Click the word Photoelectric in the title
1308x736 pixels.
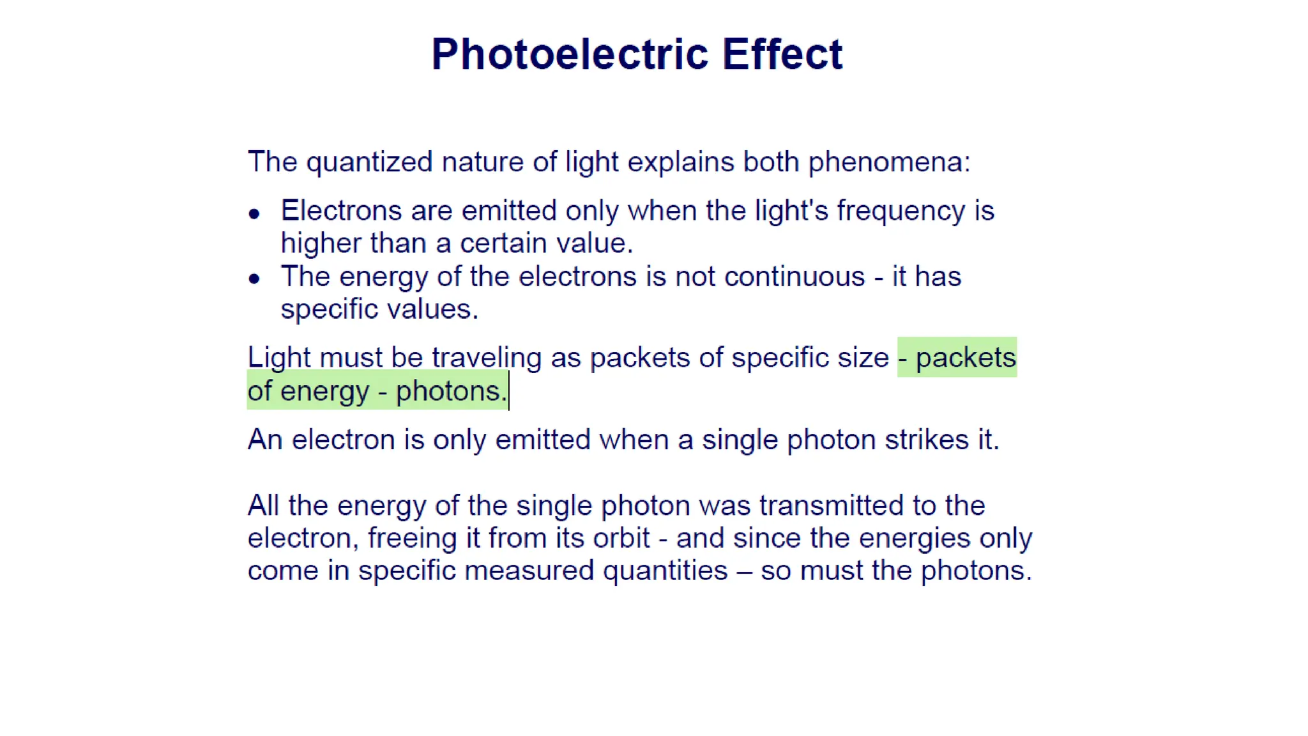[569, 54]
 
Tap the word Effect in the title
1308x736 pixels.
[782, 54]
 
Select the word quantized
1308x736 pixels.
[370, 162]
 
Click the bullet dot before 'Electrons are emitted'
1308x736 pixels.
[254, 214]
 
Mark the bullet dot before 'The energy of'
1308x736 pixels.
[254, 279]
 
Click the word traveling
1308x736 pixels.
[487, 358]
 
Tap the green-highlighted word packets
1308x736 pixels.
[966, 358]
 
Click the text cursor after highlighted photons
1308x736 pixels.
[509, 391]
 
